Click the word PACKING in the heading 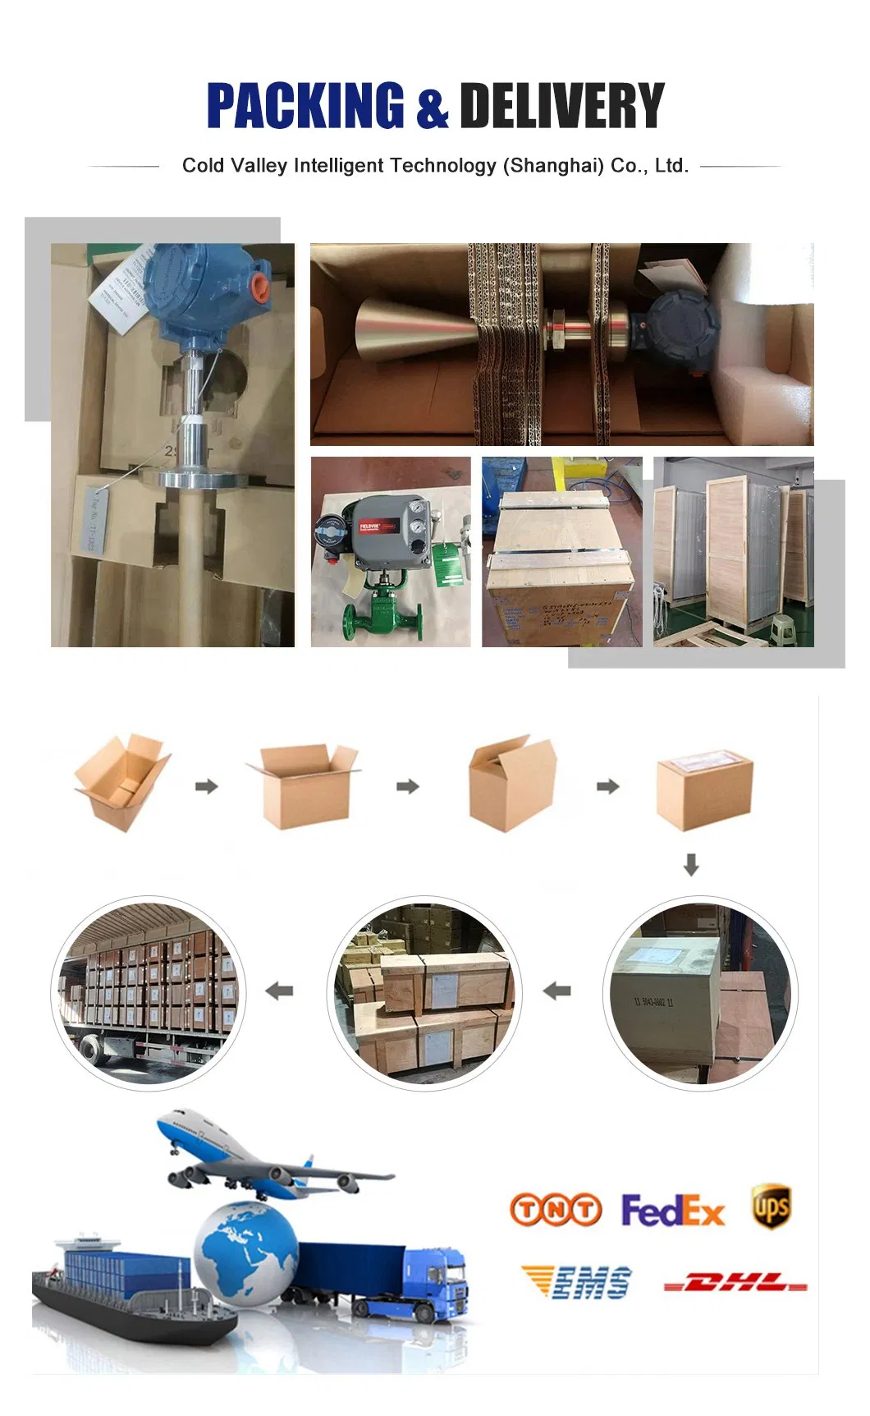[x=304, y=106]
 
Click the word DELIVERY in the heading [x=561, y=106]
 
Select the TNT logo [x=556, y=1210]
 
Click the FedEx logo [x=672, y=1211]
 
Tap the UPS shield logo [x=771, y=1207]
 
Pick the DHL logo [x=735, y=1282]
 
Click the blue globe [x=245, y=1253]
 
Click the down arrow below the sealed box [x=691, y=864]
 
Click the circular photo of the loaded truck [x=149, y=991]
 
